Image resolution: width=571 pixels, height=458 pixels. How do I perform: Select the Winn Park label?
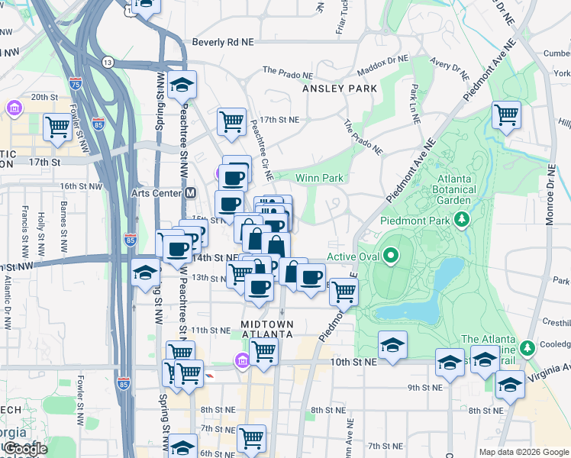click(319, 178)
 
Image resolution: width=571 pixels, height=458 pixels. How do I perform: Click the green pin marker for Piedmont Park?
click(461, 221)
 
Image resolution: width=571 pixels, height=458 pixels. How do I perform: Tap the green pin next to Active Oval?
click(392, 256)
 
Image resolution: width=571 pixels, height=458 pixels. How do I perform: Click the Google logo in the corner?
click(25, 450)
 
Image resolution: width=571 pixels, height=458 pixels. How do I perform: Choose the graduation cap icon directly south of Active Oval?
click(392, 345)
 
